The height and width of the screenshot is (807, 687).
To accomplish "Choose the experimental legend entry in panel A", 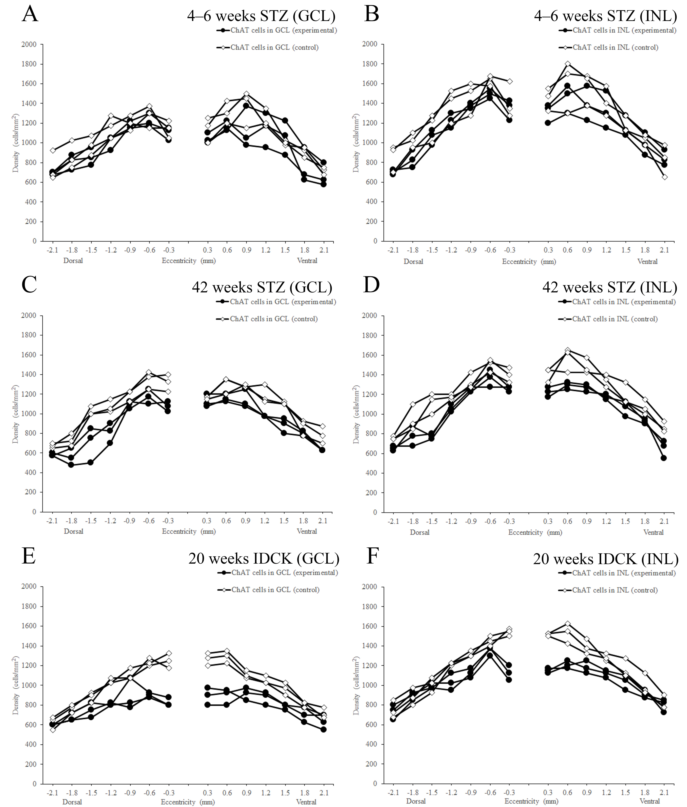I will coord(277,30).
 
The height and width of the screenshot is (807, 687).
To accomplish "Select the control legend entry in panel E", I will coord(268,590).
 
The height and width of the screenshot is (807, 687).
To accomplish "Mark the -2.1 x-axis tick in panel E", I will coord(52,793).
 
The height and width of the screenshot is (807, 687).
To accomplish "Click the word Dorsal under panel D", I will coord(419,532).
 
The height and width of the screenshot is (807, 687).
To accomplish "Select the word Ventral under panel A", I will coord(307,261).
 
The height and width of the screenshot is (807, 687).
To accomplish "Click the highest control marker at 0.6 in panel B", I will coord(568,64).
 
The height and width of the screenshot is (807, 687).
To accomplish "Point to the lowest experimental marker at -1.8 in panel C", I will coord(71,465).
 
